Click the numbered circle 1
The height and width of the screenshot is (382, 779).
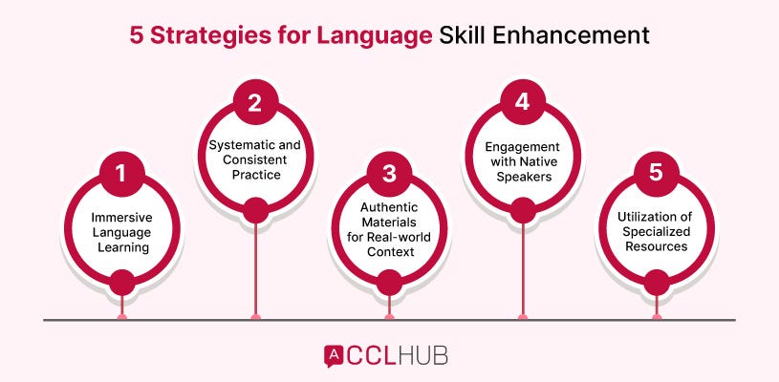tap(121, 174)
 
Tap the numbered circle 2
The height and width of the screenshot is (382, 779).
tap(255, 103)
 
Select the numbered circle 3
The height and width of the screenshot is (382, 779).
tap(389, 174)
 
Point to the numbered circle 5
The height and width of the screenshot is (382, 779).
tap(656, 174)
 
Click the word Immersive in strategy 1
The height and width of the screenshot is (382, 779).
tap(121, 216)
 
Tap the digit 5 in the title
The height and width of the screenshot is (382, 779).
tap(137, 36)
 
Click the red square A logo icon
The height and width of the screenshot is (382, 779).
tap(335, 355)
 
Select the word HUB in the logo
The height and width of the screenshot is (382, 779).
tap(423, 355)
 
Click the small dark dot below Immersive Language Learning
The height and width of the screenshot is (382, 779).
tap(121, 283)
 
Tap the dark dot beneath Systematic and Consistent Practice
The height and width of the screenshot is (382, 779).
tap(255, 211)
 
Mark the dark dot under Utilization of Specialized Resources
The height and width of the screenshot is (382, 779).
tap(656, 283)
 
